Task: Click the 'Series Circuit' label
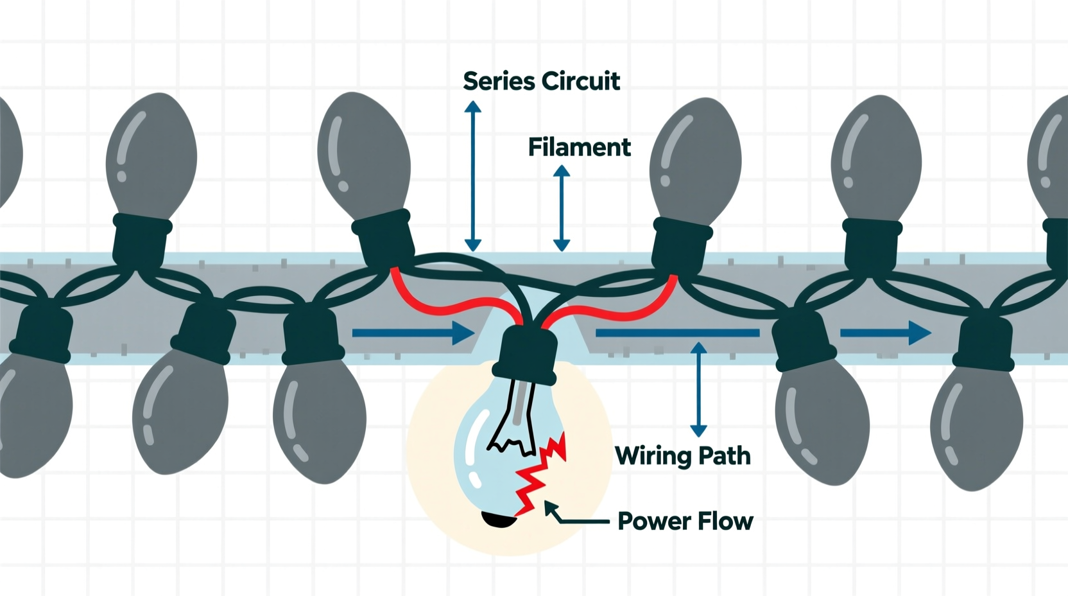541,81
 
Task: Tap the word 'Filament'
580,146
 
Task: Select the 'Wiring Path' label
683,456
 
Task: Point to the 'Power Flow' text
685,521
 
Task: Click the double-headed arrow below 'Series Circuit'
472,175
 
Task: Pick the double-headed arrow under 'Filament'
562,208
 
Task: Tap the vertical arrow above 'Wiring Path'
698,389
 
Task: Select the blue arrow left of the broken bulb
413,333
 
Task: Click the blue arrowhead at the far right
920,333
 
